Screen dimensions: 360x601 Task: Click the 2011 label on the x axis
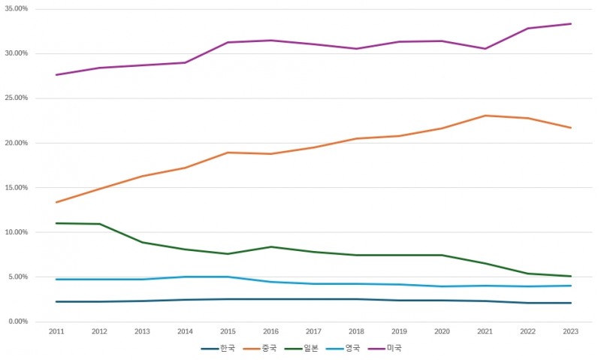pos(56,331)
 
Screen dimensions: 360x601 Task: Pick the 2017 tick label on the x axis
pos(313,331)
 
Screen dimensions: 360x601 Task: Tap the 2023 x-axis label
pos(571,331)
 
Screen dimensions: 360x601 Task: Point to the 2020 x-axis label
pos(442,331)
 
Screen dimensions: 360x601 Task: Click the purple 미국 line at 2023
pos(571,24)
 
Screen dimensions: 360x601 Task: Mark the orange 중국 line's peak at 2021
pos(485,116)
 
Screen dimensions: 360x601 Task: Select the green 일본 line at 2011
pos(56,223)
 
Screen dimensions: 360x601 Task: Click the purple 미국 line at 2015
pos(228,43)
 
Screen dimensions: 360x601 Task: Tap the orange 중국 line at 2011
pos(56,202)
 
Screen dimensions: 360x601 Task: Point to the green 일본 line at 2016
pos(270,247)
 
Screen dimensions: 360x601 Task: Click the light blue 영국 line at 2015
pos(228,277)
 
